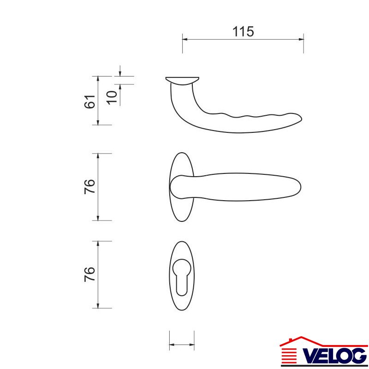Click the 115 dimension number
pos(243,31)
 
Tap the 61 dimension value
pos(89,101)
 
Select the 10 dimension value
pos(112,97)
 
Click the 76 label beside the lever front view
pos(89,187)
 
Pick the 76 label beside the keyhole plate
pos(89,274)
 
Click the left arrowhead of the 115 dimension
pos(185,39)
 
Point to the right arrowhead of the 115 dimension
pos(301,39)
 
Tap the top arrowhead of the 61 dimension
pos(98,79)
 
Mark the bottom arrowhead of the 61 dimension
pos(98,122)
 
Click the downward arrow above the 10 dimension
pos(120,71)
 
